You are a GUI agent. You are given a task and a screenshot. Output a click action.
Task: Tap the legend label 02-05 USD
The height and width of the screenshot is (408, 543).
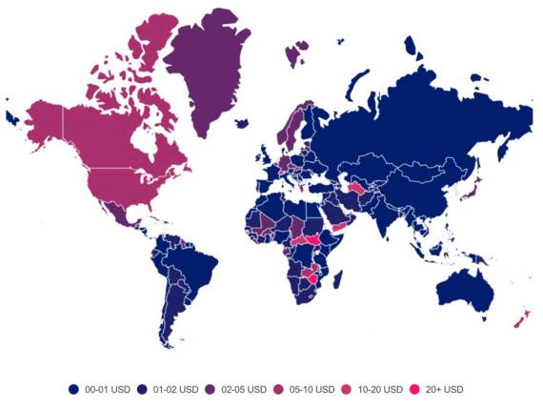coord(245,389)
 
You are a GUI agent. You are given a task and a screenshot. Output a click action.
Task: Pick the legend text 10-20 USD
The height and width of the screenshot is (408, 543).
coord(378,389)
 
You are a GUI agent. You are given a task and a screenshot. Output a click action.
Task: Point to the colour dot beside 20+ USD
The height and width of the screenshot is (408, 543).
coord(414,389)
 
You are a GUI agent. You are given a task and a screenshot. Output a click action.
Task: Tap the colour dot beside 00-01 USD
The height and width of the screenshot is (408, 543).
coord(73,389)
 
